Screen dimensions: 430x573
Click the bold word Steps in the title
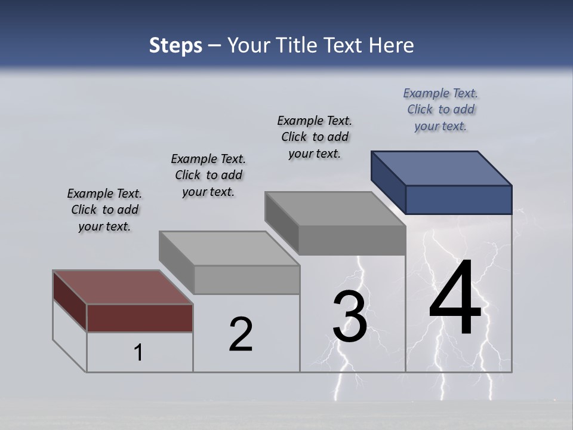(x=175, y=45)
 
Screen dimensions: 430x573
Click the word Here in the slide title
(x=392, y=45)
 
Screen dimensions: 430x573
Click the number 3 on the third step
(x=349, y=317)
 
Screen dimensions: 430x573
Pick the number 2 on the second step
(x=241, y=334)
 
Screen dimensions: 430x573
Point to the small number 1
(x=138, y=352)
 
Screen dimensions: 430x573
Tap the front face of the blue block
(x=458, y=199)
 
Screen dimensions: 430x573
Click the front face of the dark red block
(x=140, y=318)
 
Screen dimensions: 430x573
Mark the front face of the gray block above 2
(x=247, y=279)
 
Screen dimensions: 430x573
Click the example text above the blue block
(x=440, y=109)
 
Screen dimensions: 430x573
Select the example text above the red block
(x=104, y=210)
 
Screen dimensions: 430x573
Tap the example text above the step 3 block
(x=315, y=137)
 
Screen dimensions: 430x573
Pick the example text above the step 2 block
(x=208, y=175)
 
